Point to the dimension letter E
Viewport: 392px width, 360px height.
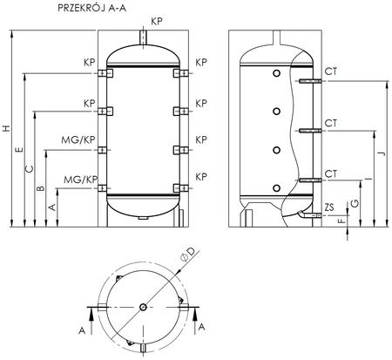(19, 150)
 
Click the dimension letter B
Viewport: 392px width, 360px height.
(41, 187)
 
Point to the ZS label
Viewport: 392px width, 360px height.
(328, 207)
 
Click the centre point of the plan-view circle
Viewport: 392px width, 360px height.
(145, 306)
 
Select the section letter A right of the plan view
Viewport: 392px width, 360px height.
(202, 327)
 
